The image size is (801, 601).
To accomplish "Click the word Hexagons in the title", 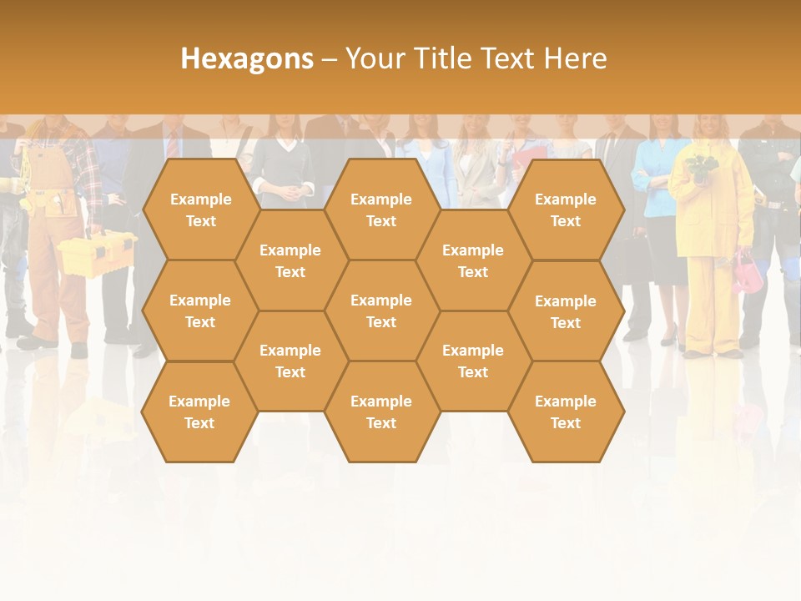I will (247, 58).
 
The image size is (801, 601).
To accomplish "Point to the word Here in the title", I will (575, 58).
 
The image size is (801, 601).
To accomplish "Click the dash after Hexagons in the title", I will (330, 59).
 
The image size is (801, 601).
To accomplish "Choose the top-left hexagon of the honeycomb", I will (200, 210).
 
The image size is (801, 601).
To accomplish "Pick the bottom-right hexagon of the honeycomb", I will (566, 412).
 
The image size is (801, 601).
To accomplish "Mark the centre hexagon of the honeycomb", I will (381, 311).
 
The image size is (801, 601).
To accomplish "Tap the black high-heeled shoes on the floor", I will (667, 337).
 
